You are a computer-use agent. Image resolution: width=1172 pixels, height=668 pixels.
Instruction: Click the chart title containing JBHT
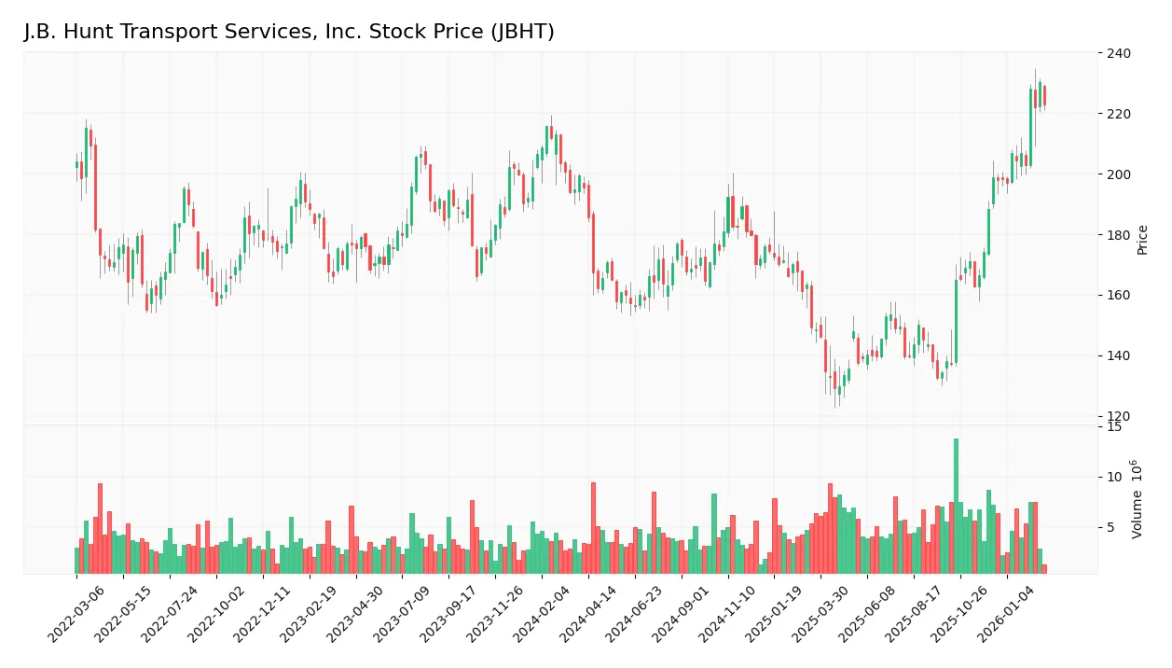[x=289, y=32]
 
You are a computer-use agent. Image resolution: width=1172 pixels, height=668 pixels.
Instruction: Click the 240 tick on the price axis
[x=1118, y=54]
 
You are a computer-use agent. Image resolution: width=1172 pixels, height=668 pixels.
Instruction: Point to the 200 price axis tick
[x=1118, y=174]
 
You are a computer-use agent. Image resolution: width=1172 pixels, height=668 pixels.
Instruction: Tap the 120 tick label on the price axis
[x=1118, y=416]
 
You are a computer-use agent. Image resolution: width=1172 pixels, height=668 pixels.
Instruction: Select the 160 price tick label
[x=1118, y=296]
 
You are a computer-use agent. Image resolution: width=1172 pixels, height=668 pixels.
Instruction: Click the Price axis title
[x=1143, y=240]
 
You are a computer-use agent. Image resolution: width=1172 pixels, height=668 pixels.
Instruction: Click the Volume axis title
[x=1138, y=499]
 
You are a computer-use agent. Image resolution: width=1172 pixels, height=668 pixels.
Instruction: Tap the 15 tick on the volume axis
[x=1113, y=427]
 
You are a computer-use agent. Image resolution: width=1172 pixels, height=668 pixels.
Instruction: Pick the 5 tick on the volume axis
[x=1110, y=528]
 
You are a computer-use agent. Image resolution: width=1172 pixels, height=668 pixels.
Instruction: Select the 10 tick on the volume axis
[x=1113, y=478]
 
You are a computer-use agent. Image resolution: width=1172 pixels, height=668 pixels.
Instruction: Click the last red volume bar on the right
[x=1044, y=568]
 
